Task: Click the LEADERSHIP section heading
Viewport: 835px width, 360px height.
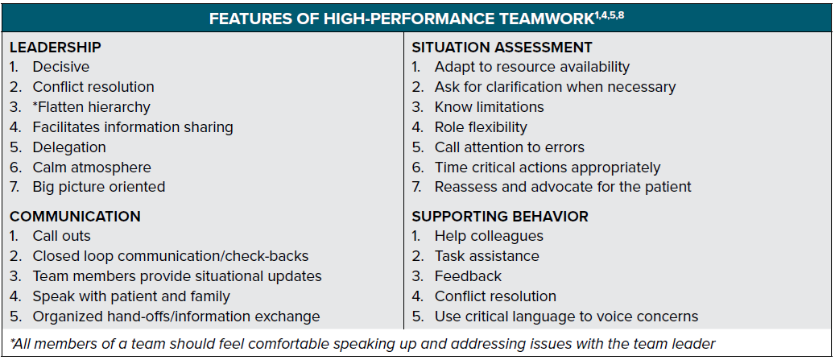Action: [x=56, y=47]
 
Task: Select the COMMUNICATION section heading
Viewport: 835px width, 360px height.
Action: [x=75, y=216]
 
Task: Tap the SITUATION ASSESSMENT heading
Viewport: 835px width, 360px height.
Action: [x=502, y=47]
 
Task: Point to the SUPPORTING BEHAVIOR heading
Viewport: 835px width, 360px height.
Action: [x=500, y=216]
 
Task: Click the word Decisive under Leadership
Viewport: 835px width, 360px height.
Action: [x=61, y=67]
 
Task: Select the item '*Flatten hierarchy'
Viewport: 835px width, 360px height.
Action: [x=92, y=107]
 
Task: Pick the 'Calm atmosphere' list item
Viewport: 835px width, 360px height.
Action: [x=92, y=168]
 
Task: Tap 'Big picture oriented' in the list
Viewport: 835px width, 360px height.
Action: [x=99, y=187]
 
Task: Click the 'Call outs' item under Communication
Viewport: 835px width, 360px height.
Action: [x=62, y=236]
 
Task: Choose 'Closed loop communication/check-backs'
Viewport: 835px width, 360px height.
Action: [x=171, y=256]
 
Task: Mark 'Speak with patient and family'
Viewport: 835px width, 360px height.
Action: [x=131, y=296]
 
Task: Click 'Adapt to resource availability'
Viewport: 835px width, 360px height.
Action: [x=532, y=67]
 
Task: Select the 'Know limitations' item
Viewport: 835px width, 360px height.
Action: [x=490, y=107]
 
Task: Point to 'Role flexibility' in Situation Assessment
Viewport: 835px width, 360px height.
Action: [x=481, y=127]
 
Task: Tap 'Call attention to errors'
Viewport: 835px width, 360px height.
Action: [x=510, y=147]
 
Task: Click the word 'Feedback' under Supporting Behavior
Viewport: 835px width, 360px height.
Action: [x=468, y=276]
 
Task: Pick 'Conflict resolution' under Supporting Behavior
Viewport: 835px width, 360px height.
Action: [x=495, y=296]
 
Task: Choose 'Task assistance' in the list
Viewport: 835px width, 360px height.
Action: [x=486, y=256]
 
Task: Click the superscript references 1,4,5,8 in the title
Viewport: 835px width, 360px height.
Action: [x=608, y=14]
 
